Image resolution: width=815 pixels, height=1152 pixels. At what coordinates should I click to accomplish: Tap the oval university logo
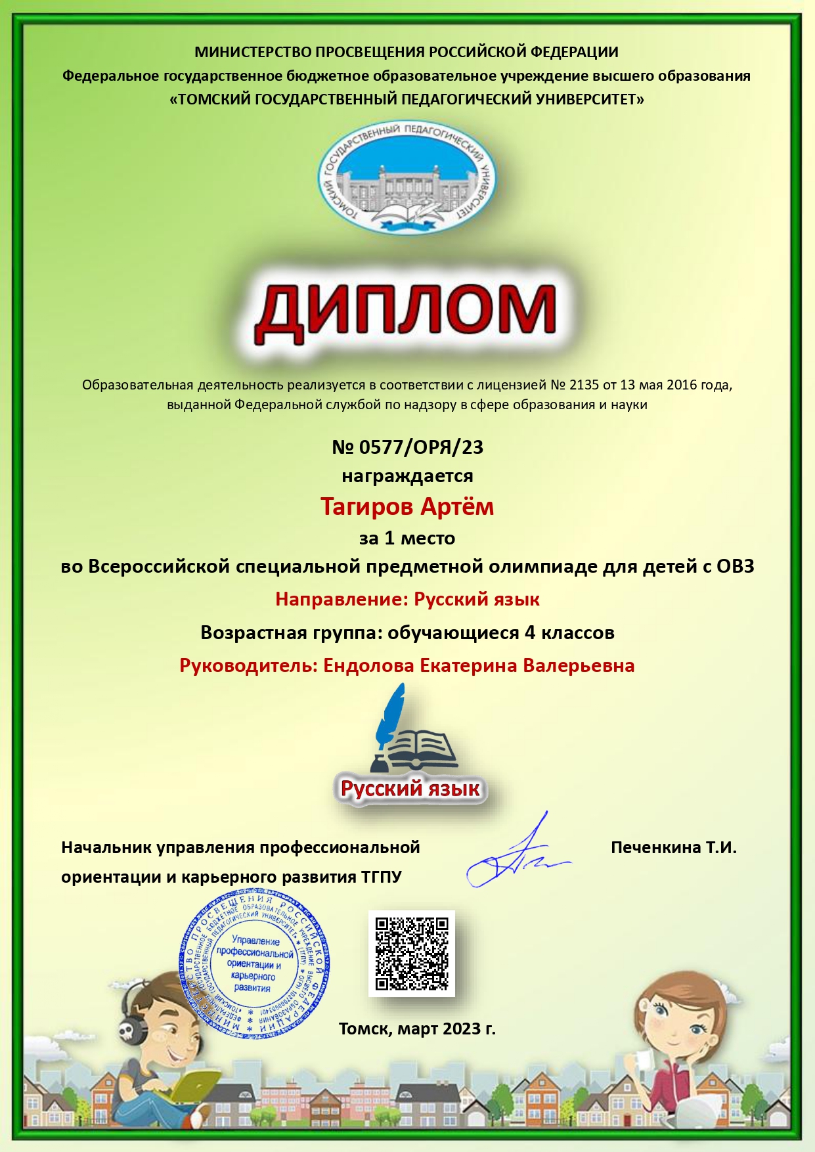[x=407, y=177]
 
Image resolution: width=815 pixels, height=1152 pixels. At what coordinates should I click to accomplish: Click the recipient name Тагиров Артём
[x=407, y=507]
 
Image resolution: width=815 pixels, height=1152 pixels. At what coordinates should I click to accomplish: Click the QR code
[x=412, y=953]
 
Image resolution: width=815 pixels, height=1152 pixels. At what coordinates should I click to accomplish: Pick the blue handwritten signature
[x=512, y=857]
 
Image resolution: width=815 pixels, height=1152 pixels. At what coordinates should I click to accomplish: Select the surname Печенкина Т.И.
[x=673, y=847]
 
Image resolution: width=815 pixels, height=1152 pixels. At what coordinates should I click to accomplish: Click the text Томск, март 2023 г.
[x=417, y=1029]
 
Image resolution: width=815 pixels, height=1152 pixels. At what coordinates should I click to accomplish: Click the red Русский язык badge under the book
[x=410, y=788]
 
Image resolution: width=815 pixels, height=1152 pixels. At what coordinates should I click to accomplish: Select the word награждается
[x=407, y=476]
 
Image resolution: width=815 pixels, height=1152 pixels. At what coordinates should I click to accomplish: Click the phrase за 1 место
[x=407, y=539]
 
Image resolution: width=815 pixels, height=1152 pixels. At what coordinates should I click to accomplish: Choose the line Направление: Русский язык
[x=407, y=599]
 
